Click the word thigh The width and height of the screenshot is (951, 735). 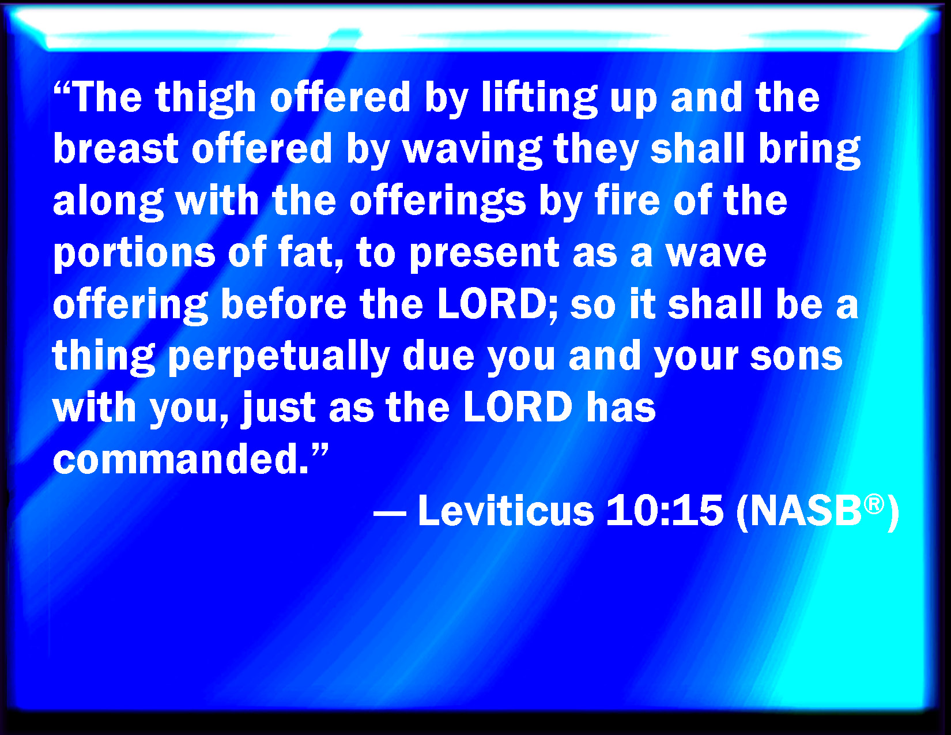pyautogui.click(x=205, y=99)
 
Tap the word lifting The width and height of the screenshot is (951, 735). pyautogui.click(x=539, y=99)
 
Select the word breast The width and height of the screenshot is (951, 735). pyautogui.click(x=115, y=149)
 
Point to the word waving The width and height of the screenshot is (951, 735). pyautogui.click(x=472, y=151)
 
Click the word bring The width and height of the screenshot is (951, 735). pyautogui.click(x=810, y=151)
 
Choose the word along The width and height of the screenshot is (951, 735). pyautogui.click(x=108, y=202)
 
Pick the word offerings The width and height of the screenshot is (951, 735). pyautogui.click(x=437, y=202)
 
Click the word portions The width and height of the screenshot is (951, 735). pyautogui.click(x=134, y=254)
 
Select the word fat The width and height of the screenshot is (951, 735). pyautogui.click(x=310, y=252)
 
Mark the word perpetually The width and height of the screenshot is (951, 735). pyautogui.click(x=279, y=357)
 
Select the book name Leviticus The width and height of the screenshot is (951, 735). pyautogui.click(x=505, y=510)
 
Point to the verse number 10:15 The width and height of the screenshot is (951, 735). pyautogui.click(x=665, y=510)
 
